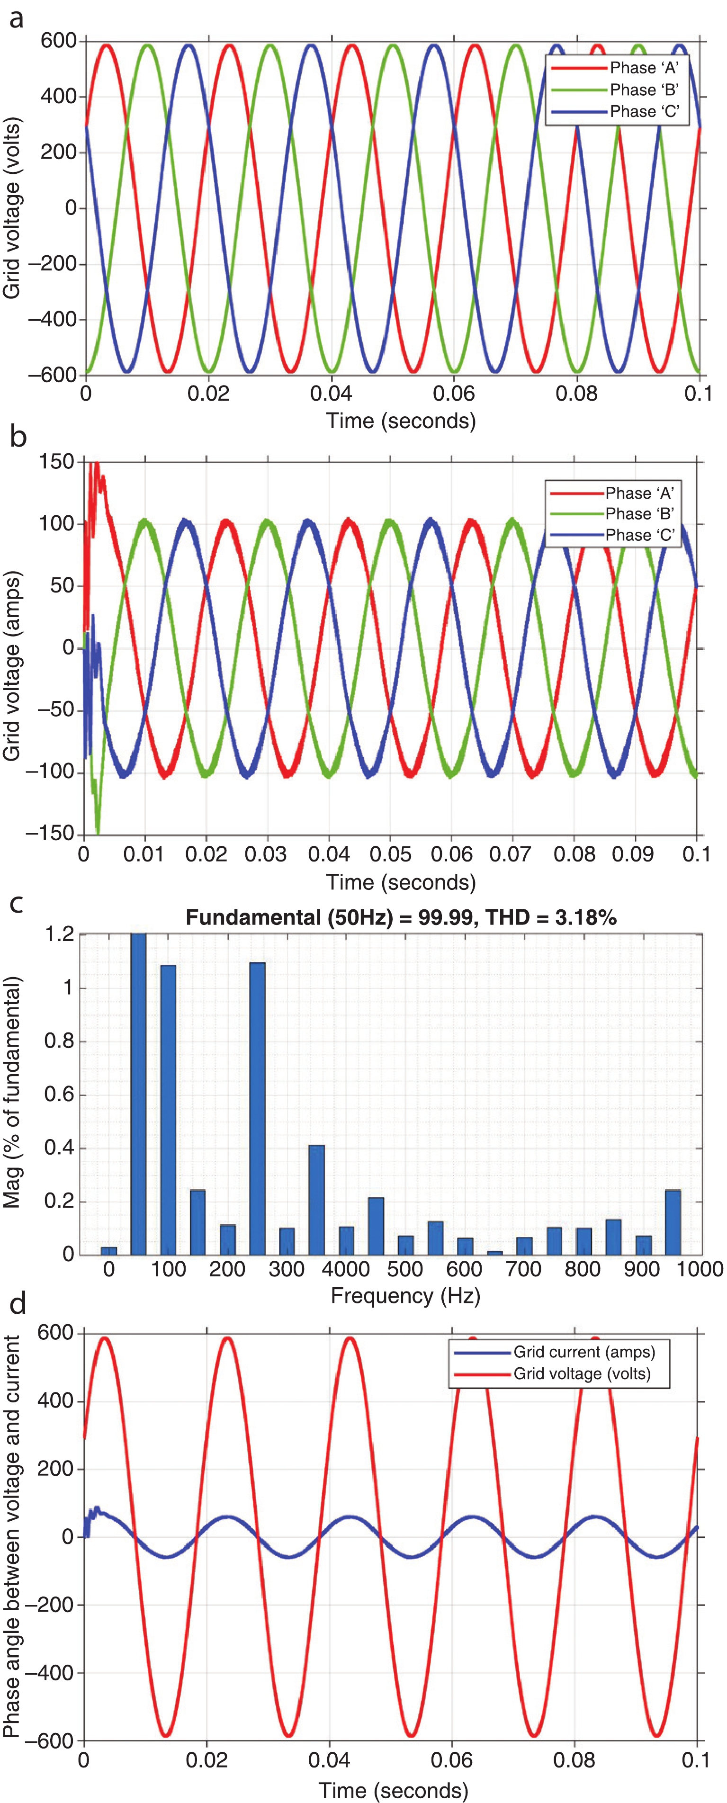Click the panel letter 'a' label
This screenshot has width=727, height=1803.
16,18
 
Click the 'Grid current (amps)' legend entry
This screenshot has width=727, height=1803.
583,1352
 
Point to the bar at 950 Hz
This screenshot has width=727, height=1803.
673,1222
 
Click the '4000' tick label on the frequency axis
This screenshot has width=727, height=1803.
346,1269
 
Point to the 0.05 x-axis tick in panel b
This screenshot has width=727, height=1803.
390,854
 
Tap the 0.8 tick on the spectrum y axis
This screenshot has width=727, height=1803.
59,1041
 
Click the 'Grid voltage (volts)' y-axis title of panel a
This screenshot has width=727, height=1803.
12,208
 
